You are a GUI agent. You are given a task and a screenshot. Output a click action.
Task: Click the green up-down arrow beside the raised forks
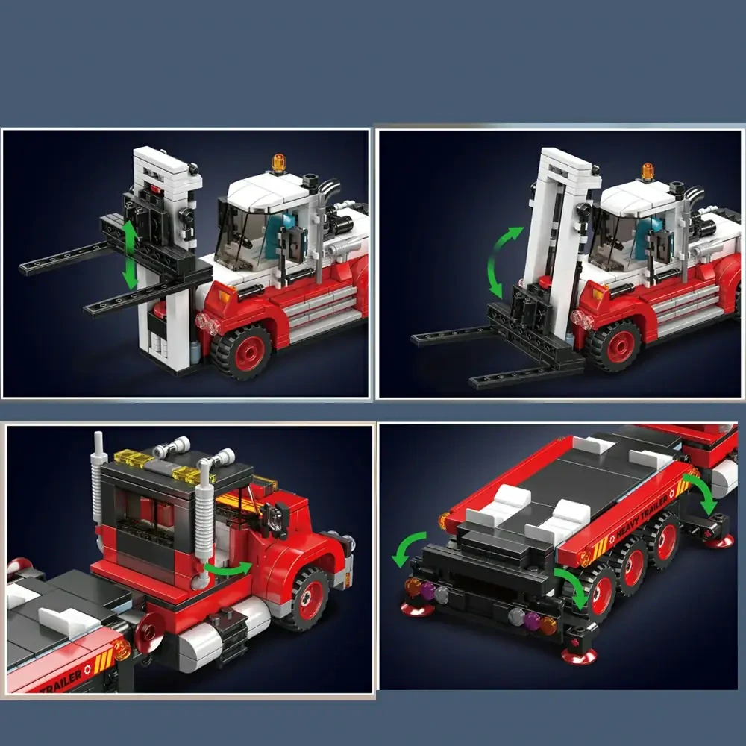pos(130,253)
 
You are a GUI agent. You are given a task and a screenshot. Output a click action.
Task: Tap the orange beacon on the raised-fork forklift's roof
pos(278,161)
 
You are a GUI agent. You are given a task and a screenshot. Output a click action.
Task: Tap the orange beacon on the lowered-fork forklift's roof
pos(647,171)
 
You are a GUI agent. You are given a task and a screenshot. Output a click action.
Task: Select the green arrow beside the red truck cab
pos(228,570)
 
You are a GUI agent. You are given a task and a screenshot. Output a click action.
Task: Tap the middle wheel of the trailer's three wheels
pos(633,566)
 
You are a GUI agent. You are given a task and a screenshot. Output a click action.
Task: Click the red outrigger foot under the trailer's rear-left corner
pos(418,610)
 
